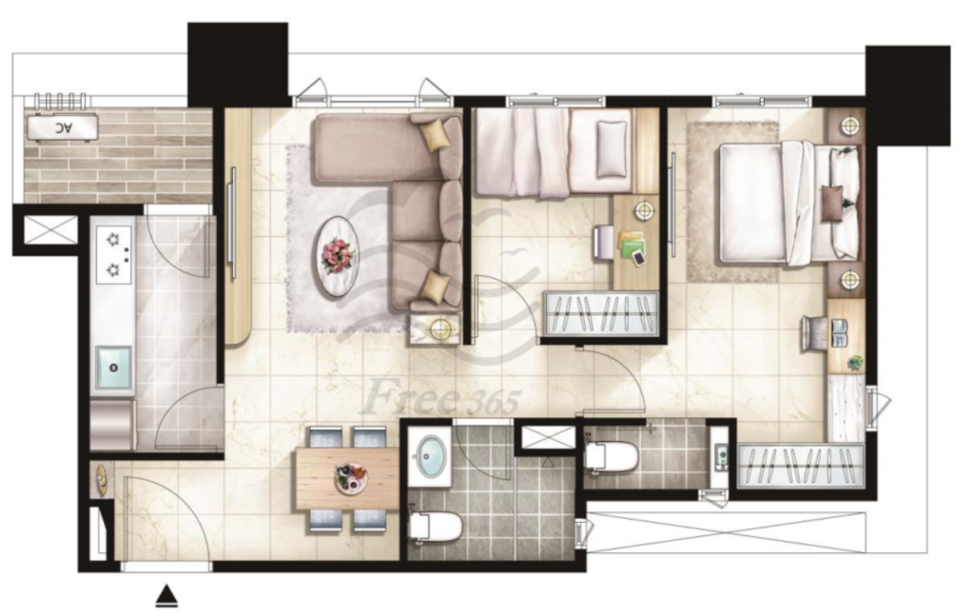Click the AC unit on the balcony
pos(62,127)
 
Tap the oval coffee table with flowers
pos(338,255)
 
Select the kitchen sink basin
pos(113,367)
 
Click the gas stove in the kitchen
pos(114,255)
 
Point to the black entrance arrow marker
pos(166,595)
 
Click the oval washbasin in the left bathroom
pos(430,457)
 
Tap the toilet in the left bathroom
pos(436,527)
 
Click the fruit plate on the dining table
pos(351,478)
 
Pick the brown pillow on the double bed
pos(831,203)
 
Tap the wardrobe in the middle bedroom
pos(601,315)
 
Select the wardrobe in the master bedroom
pos(801,465)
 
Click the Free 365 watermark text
pos(441,397)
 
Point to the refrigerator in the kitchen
pos(113,424)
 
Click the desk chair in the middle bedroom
pos(602,241)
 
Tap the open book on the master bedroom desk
pos(840,333)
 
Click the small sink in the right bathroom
pos(721,457)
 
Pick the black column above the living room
pos(238,65)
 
